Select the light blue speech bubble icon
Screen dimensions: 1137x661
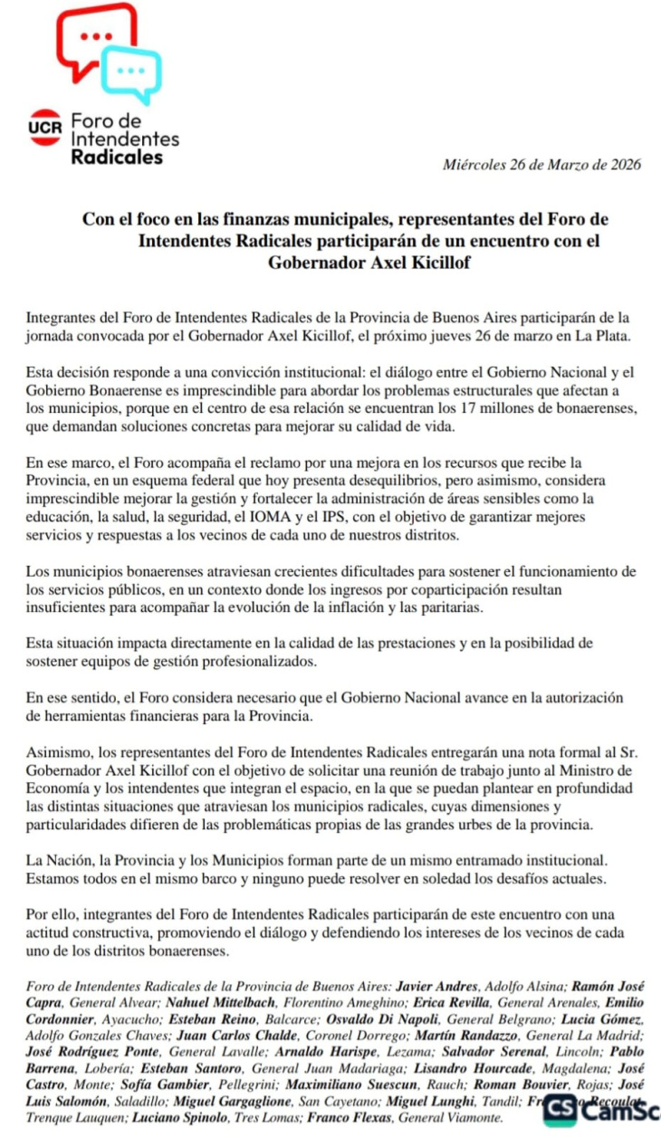[132, 72]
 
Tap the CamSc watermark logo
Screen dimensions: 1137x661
[601, 1108]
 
